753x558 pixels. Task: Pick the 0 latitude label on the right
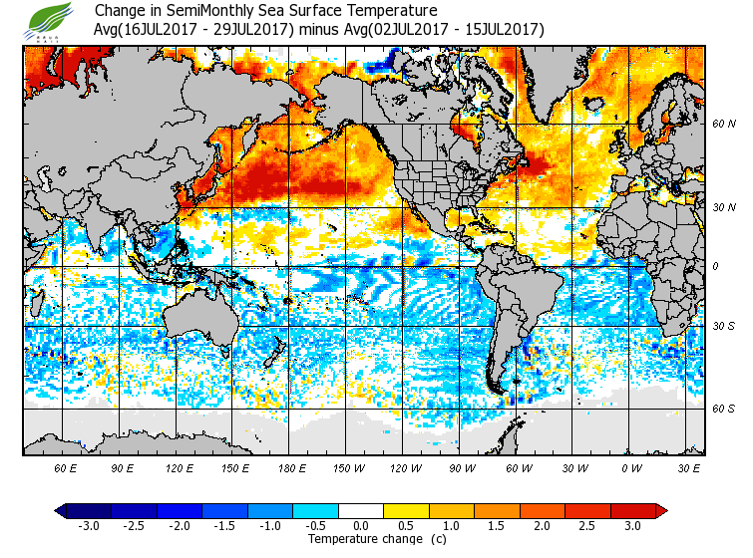(x=717, y=266)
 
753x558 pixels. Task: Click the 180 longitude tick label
(x=292, y=467)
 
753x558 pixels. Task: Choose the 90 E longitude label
(x=122, y=467)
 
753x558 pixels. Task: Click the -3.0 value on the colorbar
(x=90, y=525)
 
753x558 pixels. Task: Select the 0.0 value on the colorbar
(x=361, y=525)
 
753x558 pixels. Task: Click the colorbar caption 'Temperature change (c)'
(x=362, y=539)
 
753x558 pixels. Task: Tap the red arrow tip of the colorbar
(x=661, y=511)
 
